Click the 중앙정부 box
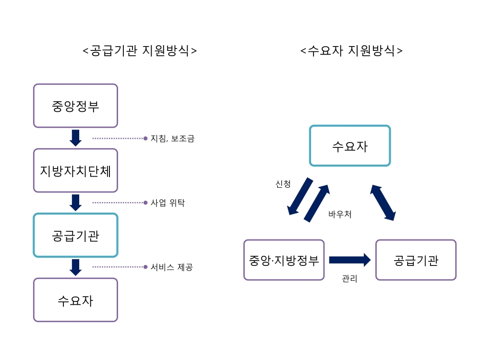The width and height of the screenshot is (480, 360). (x=75, y=106)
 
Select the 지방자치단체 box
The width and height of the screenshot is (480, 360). (x=75, y=170)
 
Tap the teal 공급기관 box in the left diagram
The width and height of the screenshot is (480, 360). (x=75, y=235)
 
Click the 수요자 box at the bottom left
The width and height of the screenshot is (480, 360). (x=75, y=300)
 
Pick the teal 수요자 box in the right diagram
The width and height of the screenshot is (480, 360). (x=349, y=146)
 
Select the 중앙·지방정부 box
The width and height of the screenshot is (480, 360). (x=284, y=260)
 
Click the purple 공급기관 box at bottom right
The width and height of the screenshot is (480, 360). (x=416, y=260)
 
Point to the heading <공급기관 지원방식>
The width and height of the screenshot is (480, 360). (x=140, y=51)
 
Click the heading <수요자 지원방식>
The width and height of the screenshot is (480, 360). (x=351, y=51)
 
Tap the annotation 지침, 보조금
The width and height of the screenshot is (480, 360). (x=172, y=139)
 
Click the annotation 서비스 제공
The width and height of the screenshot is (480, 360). (x=171, y=267)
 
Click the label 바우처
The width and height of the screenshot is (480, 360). (x=340, y=215)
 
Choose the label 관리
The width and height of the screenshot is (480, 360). (x=349, y=278)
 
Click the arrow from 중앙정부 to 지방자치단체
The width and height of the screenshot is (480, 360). (x=75, y=138)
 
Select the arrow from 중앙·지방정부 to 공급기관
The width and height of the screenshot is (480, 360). (x=349, y=260)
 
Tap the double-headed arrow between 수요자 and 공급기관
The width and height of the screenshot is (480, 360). (x=383, y=203)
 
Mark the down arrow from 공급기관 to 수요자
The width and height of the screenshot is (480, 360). (x=75, y=267)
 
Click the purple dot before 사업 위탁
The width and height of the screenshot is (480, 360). (x=145, y=203)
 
